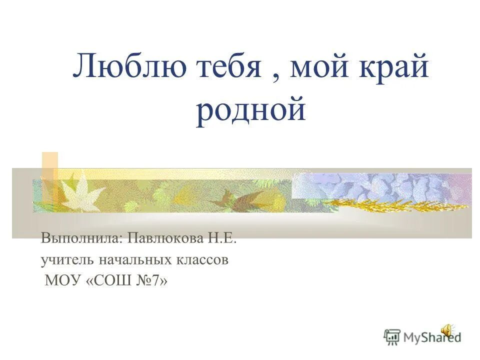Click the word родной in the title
pyautogui.click(x=250, y=111)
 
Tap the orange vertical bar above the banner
pyautogui.click(x=50, y=165)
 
